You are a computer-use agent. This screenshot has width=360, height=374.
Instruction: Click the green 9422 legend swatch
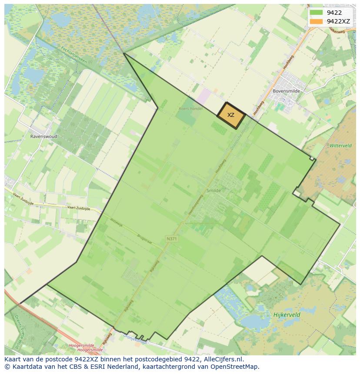(x=317, y=13)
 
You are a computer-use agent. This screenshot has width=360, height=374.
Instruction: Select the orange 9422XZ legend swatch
(x=317, y=21)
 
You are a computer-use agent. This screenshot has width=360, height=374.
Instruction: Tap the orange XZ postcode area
(x=231, y=115)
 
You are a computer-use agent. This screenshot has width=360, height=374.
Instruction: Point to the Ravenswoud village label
(x=43, y=136)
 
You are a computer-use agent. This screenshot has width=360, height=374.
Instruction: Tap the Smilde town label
(x=214, y=190)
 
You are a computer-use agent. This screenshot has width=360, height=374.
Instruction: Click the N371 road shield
(x=172, y=238)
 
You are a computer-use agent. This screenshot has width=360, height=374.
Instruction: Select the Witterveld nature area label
(x=340, y=146)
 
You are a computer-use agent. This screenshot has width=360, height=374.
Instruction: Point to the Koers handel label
(x=190, y=109)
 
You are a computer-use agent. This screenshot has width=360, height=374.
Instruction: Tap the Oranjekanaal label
(x=135, y=342)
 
